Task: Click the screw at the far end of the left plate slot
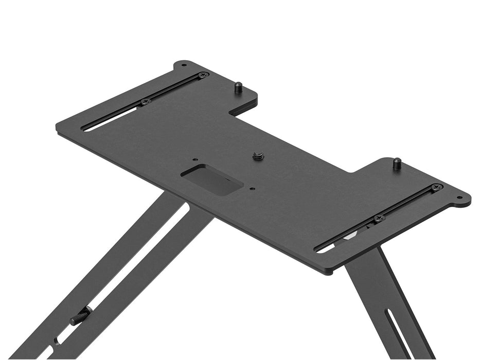(x=203, y=75)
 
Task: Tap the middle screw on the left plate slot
(x=146, y=101)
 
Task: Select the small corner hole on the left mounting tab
(x=184, y=65)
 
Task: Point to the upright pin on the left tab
(x=238, y=87)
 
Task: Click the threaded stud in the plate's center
(x=258, y=156)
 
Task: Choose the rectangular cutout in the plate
(x=212, y=178)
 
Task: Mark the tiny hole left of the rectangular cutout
(x=194, y=160)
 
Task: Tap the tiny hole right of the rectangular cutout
(x=252, y=189)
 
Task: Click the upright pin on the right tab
(x=397, y=164)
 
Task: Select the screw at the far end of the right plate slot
(x=437, y=187)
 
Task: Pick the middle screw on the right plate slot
(x=379, y=218)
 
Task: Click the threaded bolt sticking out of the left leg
(x=81, y=316)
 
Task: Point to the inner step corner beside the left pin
(x=233, y=110)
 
